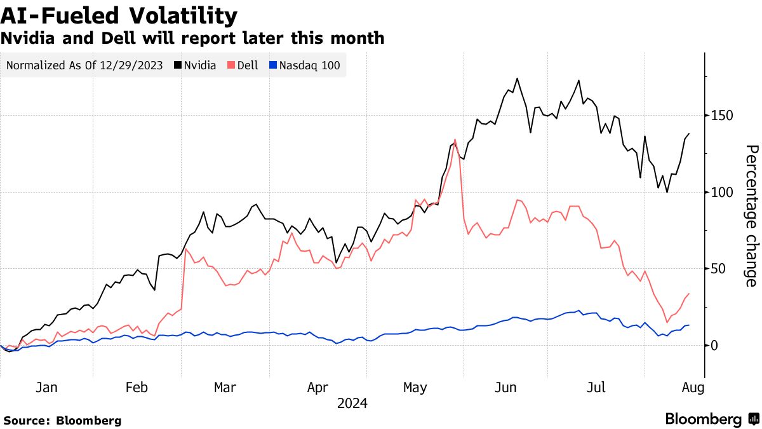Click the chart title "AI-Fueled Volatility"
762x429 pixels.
[x=119, y=15]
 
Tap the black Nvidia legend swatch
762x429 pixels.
[x=177, y=65]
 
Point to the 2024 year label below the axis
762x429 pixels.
[x=352, y=403]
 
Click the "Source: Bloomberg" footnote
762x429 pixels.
[x=62, y=420]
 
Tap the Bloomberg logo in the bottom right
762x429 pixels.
[x=712, y=419]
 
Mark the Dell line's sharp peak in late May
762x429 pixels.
[x=455, y=139]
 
